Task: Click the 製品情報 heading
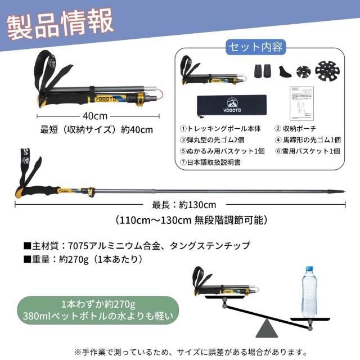click(60, 24)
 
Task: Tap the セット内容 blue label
click(256, 47)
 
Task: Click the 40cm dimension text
click(95, 116)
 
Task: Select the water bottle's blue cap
click(309, 269)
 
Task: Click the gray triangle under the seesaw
click(267, 328)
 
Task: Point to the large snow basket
click(327, 71)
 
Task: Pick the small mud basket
click(303, 72)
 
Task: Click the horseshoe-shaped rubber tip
click(285, 71)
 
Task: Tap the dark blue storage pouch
click(232, 106)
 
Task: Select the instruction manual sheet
click(301, 103)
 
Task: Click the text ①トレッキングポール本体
click(220, 129)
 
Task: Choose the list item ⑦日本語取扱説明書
click(210, 163)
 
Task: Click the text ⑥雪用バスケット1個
click(308, 151)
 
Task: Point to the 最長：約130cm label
click(184, 205)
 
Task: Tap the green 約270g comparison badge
click(98, 310)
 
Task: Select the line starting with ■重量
click(83, 259)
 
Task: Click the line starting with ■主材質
click(137, 246)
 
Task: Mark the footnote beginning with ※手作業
click(191, 352)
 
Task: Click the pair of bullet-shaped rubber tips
click(263, 71)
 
